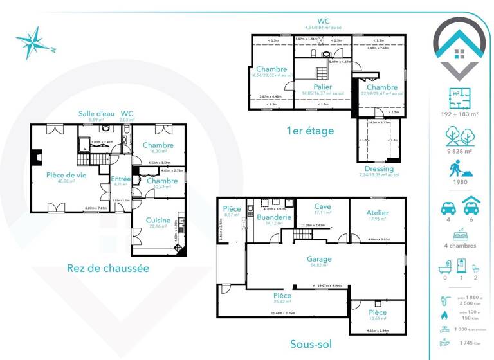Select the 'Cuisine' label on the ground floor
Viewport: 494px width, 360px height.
158,220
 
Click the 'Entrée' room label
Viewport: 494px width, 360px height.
121,179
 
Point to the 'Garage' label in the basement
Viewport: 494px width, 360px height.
319,258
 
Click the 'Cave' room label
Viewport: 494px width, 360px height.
322,206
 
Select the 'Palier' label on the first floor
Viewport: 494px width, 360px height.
323,87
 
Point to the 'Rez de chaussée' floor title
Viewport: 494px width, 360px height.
108,268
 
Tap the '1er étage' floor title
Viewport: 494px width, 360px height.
310,130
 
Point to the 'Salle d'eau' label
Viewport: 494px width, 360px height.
96,113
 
